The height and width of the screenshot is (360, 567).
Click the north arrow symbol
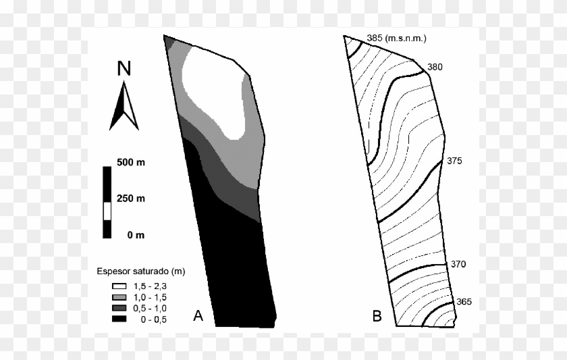(x=124, y=106)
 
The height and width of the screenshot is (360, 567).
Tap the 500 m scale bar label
(x=130, y=163)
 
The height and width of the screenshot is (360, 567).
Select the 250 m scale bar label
(x=130, y=199)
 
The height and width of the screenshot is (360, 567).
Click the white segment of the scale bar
(x=106, y=211)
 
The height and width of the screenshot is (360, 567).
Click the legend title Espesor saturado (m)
(x=140, y=272)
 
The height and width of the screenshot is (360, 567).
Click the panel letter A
(x=198, y=315)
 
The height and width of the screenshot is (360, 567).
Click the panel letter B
(x=377, y=315)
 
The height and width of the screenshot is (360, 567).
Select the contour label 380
(x=435, y=67)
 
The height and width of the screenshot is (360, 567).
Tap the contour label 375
(x=454, y=161)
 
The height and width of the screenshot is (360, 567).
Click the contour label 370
(x=458, y=264)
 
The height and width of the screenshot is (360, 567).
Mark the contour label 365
(x=464, y=302)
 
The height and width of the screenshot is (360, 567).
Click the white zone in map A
(x=213, y=88)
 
